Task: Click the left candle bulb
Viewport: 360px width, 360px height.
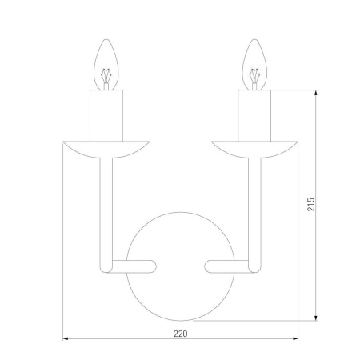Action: point(106,65)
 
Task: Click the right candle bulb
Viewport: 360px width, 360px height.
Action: point(254,65)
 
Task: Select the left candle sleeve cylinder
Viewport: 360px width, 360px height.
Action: point(106,115)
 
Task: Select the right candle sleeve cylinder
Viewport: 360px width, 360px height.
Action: point(254,115)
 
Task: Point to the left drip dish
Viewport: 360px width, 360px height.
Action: point(106,150)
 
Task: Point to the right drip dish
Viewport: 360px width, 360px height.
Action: point(254,150)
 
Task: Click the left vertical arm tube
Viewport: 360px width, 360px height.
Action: point(106,215)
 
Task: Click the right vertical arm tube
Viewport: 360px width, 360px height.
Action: point(255,215)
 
